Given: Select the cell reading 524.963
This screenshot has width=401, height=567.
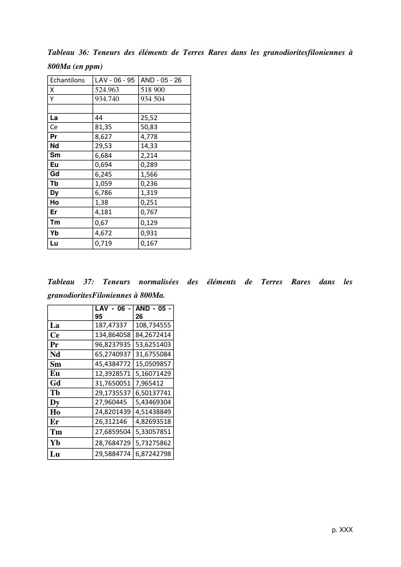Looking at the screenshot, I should [x=107, y=90].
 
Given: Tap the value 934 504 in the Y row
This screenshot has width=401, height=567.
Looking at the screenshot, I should [x=152, y=99].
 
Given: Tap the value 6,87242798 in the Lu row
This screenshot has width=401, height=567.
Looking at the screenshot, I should [x=153, y=454].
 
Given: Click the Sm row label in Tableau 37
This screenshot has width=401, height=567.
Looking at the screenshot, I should [x=55, y=363].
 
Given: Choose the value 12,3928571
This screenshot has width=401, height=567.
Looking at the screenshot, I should [x=112, y=373].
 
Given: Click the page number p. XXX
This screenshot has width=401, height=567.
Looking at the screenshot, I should [x=342, y=530].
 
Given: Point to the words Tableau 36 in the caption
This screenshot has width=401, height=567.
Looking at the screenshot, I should [x=68, y=53].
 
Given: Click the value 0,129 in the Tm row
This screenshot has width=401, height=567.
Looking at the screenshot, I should [x=149, y=223].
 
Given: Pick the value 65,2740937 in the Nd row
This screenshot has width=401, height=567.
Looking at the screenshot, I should [x=112, y=354].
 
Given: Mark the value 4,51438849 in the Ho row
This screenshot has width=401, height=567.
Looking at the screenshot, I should [x=153, y=412].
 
